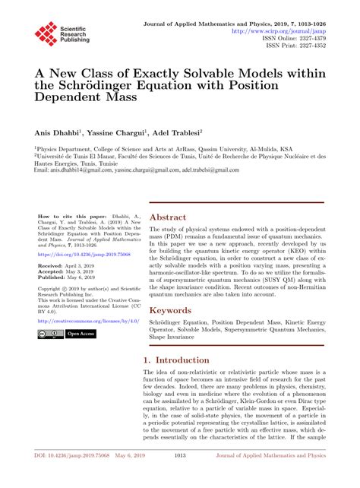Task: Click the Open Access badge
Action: (x=81, y=334)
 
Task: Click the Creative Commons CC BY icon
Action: (x=49, y=334)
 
